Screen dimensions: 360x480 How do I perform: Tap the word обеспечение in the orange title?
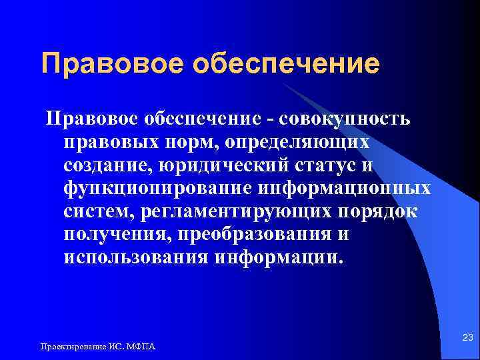(x=286, y=65)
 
